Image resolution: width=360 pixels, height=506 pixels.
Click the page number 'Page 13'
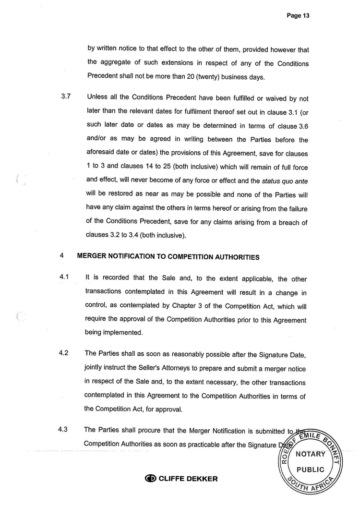pos(298,15)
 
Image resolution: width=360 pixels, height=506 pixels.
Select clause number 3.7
pos(66,96)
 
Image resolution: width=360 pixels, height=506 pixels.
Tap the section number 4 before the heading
pos(62,256)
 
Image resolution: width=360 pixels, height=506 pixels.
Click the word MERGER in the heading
pos(92,257)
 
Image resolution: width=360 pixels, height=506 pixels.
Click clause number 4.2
pos(64,353)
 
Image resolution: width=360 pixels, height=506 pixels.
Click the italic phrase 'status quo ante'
pos(284,181)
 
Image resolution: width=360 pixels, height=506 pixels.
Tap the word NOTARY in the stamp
pos(310,454)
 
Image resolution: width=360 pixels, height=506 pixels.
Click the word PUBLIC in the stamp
pos(310,470)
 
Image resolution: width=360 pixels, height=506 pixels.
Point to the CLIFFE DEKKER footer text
pos(188,479)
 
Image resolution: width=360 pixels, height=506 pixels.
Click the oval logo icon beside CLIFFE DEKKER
pos(151,479)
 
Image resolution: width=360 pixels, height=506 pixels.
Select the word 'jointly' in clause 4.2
pos(95,368)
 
